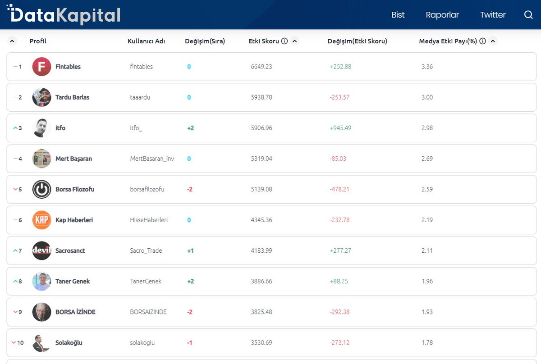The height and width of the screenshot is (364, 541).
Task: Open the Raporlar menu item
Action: coord(442,15)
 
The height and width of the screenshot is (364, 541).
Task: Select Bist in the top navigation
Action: coord(398,15)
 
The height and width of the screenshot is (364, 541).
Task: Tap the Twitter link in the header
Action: coord(492,15)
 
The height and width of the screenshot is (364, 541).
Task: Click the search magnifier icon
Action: coord(528,15)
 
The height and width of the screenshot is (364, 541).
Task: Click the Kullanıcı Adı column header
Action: coord(146,41)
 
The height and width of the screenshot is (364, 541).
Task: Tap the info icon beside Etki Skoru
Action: coord(284,41)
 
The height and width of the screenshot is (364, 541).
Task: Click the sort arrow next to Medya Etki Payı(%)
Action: coord(493,41)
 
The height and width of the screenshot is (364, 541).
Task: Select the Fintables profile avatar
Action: coord(41,67)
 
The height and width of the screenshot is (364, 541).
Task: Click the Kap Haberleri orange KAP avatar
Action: coord(41,220)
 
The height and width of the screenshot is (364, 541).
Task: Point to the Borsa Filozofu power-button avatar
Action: coord(41,189)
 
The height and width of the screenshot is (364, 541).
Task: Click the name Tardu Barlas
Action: coord(72,97)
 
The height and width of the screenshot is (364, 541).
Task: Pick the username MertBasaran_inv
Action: coord(152,159)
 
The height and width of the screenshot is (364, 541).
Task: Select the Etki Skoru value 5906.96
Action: coord(261,128)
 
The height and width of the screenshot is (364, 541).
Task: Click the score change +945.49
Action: coord(340,128)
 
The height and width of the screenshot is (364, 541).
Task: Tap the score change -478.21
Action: coord(339,189)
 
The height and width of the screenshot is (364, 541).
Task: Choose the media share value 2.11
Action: coord(426,250)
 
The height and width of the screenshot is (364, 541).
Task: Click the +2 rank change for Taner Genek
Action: coord(190,281)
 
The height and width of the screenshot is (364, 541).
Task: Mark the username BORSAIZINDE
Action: coord(148,312)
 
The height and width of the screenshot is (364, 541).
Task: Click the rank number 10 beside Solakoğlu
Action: coord(20,342)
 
